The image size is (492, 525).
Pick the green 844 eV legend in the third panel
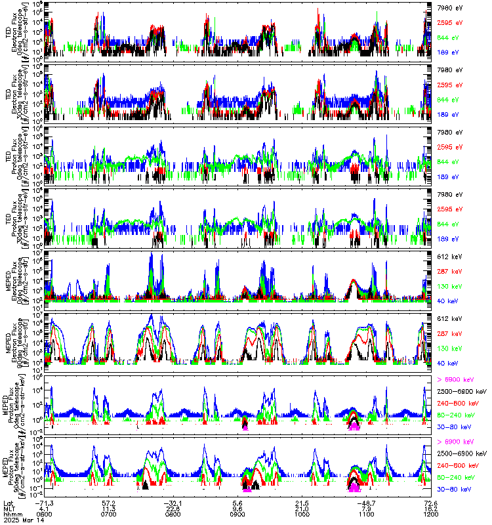(445, 161)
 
